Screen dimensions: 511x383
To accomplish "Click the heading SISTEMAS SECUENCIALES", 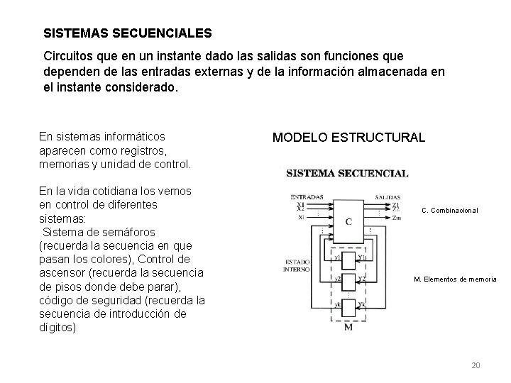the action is click(127, 33).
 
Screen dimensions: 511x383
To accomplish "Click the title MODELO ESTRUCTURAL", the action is click(348, 138).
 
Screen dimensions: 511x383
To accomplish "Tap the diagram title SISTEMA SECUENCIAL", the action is click(347, 173).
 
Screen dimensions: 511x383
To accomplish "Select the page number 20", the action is click(476, 365).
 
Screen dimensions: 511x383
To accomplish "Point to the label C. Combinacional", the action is click(450, 210).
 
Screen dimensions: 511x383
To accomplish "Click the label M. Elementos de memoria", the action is click(455, 279).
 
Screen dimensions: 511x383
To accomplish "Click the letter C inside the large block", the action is click(348, 221).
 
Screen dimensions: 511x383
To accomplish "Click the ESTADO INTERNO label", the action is click(297, 264).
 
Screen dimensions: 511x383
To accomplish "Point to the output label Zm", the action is click(395, 218).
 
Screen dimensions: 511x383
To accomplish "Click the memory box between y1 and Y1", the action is click(348, 259).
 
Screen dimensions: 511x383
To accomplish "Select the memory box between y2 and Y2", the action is click(348, 281).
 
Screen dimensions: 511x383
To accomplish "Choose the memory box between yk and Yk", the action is click(348, 306).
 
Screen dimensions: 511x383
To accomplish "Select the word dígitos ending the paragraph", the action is click(57, 328).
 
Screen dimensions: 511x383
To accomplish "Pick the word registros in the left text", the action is click(144, 150).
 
